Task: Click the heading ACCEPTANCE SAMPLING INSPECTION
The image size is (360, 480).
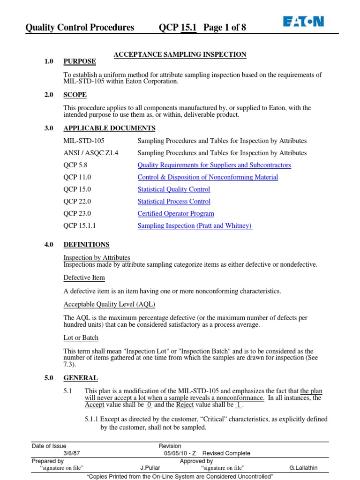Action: click(x=180, y=54)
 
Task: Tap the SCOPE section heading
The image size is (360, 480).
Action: click(x=75, y=95)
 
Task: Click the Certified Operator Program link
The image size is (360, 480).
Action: click(x=176, y=214)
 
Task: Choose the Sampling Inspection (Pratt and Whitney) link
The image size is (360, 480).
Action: click(x=195, y=226)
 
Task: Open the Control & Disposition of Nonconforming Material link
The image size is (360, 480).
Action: click(x=208, y=177)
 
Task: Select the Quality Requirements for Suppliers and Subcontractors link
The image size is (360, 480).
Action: click(x=214, y=165)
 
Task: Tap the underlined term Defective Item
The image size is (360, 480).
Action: click(x=84, y=277)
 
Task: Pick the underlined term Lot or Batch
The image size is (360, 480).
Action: click(x=81, y=337)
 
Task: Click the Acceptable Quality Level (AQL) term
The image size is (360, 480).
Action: click(x=109, y=305)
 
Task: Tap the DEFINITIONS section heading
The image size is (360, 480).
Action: click(x=87, y=245)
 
